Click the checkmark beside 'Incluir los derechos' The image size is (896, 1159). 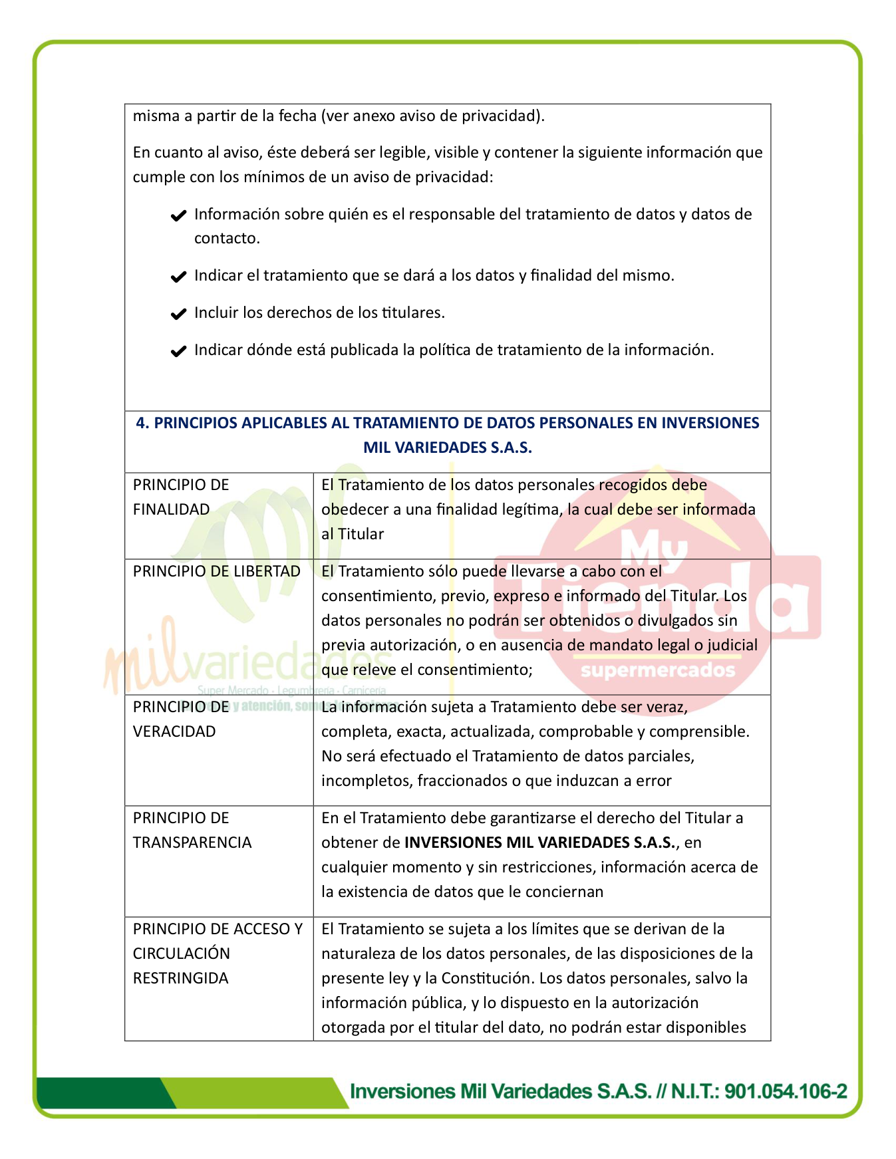[178, 314]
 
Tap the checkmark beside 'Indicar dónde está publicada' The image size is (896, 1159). [178, 351]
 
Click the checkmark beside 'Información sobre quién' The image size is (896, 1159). [178, 215]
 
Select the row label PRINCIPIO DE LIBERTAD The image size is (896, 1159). [216, 571]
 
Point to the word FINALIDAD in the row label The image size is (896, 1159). [171, 509]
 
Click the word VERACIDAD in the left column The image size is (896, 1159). [174, 731]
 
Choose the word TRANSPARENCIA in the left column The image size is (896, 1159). [192, 842]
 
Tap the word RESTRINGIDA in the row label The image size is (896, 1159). [180, 978]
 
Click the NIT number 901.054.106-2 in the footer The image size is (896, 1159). [786, 1091]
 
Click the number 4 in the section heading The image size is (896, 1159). [140, 423]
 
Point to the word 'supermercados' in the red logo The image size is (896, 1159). [658, 670]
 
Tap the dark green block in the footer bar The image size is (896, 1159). [100, 1093]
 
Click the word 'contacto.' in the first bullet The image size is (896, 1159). [227, 238]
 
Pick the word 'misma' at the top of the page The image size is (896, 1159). [156, 116]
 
